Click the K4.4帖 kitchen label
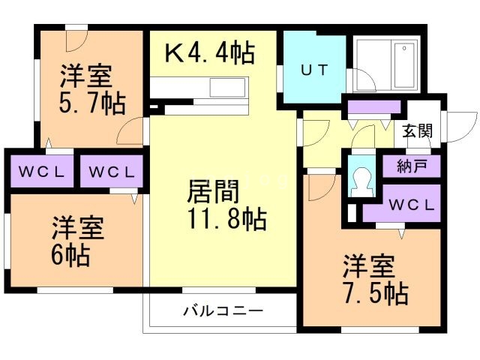pos(209,52)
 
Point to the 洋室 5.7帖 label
pos(88,88)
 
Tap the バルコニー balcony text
pos(223,310)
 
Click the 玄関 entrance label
pos(417,130)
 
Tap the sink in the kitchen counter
pos(227,88)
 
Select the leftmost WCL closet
pos(41,172)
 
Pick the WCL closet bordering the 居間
pos(112,172)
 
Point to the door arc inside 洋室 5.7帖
pos(132,130)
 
